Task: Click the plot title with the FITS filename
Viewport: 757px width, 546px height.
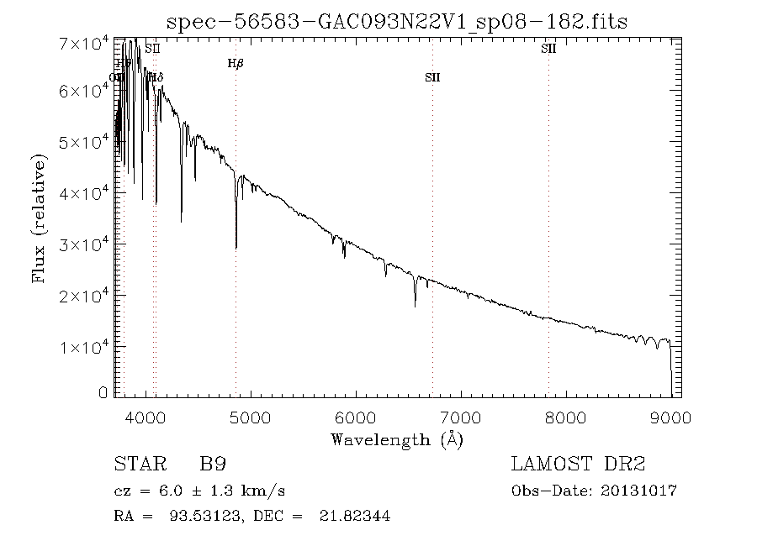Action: tap(398, 20)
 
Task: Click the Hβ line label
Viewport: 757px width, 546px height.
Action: tap(236, 63)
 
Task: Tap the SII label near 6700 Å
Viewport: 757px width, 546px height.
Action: tap(432, 77)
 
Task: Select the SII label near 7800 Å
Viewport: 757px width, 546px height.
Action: tap(548, 49)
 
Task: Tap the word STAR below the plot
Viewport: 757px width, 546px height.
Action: tap(137, 464)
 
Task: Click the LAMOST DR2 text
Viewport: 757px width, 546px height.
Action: tap(578, 464)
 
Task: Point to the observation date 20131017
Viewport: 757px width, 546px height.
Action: tap(639, 491)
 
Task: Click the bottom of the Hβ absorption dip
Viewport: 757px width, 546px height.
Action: tap(236, 248)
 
